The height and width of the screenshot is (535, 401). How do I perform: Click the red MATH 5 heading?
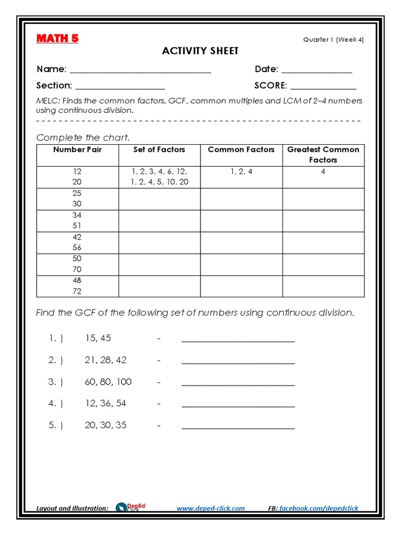tap(57, 39)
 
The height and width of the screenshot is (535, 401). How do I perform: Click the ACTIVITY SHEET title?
tap(200, 51)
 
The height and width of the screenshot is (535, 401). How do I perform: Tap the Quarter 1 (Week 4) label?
tap(333, 40)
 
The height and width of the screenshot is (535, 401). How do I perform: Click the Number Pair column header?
tap(77, 150)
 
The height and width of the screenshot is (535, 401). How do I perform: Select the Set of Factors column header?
tap(159, 150)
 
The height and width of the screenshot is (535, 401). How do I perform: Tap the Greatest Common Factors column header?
tap(323, 155)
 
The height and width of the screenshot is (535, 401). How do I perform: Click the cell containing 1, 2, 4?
tap(241, 171)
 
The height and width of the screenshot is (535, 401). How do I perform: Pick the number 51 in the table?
tap(77, 226)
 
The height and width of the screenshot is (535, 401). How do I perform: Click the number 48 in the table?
tap(77, 281)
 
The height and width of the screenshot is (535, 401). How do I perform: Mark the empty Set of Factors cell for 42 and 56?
tap(159, 242)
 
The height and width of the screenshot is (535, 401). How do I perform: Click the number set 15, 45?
tap(98, 338)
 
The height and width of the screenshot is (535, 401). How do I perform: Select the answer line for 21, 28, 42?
tap(238, 362)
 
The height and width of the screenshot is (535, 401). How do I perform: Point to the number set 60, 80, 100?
tap(108, 382)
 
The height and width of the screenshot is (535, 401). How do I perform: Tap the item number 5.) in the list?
tap(56, 425)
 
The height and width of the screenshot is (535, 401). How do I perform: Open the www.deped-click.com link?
tap(210, 508)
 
